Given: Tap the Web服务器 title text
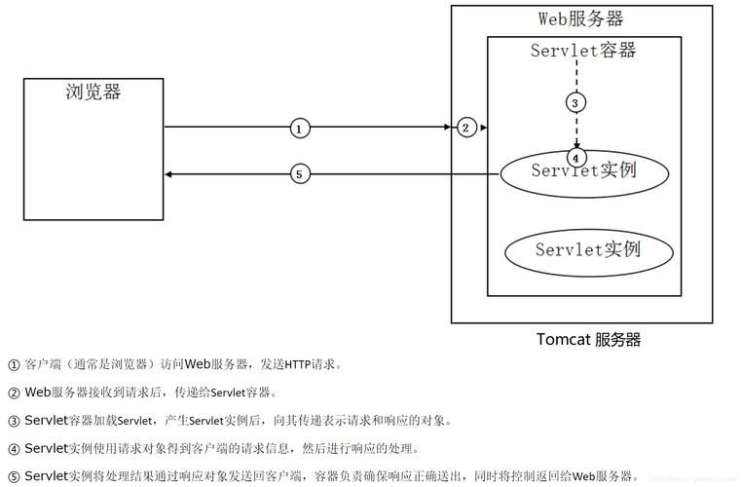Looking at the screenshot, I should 580,19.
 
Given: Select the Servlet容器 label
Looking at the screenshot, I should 583,51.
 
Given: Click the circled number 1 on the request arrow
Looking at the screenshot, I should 300,128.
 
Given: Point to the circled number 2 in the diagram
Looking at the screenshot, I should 466,128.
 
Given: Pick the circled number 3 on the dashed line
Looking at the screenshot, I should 575,102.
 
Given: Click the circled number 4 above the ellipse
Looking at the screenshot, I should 575,156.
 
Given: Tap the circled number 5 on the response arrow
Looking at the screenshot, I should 300,174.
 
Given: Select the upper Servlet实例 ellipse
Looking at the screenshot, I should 584,172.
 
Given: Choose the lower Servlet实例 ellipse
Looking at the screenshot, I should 588,250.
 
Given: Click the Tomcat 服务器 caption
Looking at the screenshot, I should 588,340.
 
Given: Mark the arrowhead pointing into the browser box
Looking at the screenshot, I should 169,174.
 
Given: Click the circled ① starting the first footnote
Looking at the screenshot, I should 14,365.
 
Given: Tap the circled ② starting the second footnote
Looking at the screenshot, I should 14,393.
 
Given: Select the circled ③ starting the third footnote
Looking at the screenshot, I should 14,422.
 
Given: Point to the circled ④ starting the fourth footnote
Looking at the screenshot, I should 14,449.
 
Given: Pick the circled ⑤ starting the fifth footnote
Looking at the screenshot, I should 14,476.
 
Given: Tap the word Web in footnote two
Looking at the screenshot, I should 37,393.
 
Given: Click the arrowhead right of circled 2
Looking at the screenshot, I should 483,128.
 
